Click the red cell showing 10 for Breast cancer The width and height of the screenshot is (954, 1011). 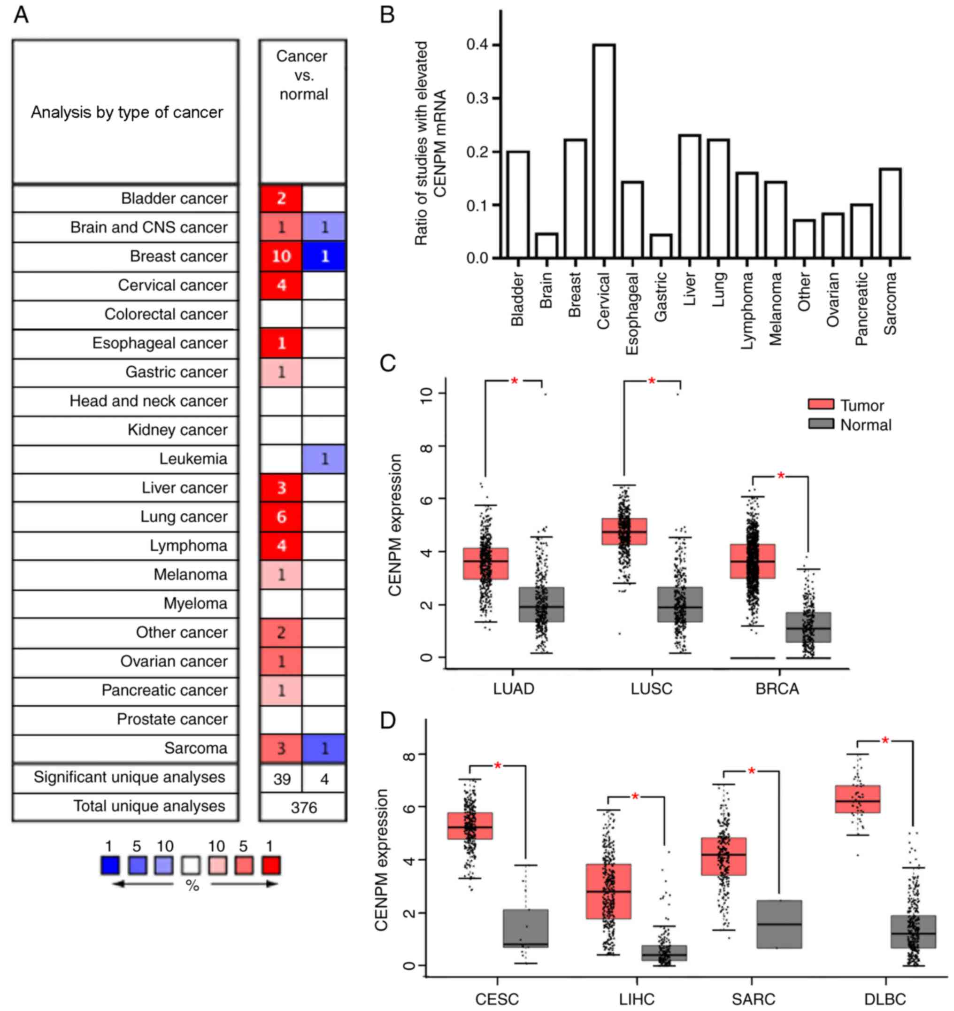(x=281, y=256)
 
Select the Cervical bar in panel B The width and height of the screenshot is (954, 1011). (x=604, y=151)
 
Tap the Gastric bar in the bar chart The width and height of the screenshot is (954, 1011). (x=661, y=246)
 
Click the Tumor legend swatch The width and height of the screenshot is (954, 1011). (x=821, y=405)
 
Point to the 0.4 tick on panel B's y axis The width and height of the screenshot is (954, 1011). (x=477, y=45)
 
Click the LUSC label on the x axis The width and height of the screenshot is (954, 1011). (x=652, y=689)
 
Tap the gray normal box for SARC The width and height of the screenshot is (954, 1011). (x=779, y=924)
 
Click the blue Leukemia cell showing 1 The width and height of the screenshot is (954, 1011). (x=324, y=459)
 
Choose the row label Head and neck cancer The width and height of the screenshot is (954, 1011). (x=148, y=401)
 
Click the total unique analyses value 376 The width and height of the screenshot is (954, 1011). (x=304, y=808)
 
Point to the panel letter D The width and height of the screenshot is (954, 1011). (x=387, y=721)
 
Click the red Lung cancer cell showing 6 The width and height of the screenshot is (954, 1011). (x=281, y=517)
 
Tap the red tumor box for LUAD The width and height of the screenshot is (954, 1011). (x=485, y=563)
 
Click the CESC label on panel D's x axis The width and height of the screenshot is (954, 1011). (x=497, y=999)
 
